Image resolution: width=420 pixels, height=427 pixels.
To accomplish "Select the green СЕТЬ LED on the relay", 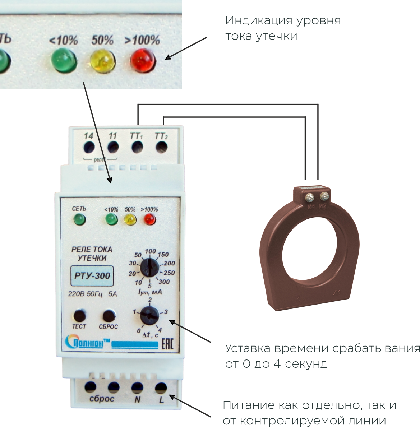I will click(79, 219).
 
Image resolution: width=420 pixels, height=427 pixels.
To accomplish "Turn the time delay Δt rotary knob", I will click(149, 315).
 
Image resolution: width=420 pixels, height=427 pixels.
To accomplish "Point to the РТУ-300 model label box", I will click(92, 276).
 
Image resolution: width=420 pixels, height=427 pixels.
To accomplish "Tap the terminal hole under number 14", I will click(89, 147).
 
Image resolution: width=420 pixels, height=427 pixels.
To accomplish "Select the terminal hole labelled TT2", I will click(161, 147).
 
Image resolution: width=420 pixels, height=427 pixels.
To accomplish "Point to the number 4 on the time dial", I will click(160, 329).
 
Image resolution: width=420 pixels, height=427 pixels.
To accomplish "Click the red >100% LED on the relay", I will click(149, 219).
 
